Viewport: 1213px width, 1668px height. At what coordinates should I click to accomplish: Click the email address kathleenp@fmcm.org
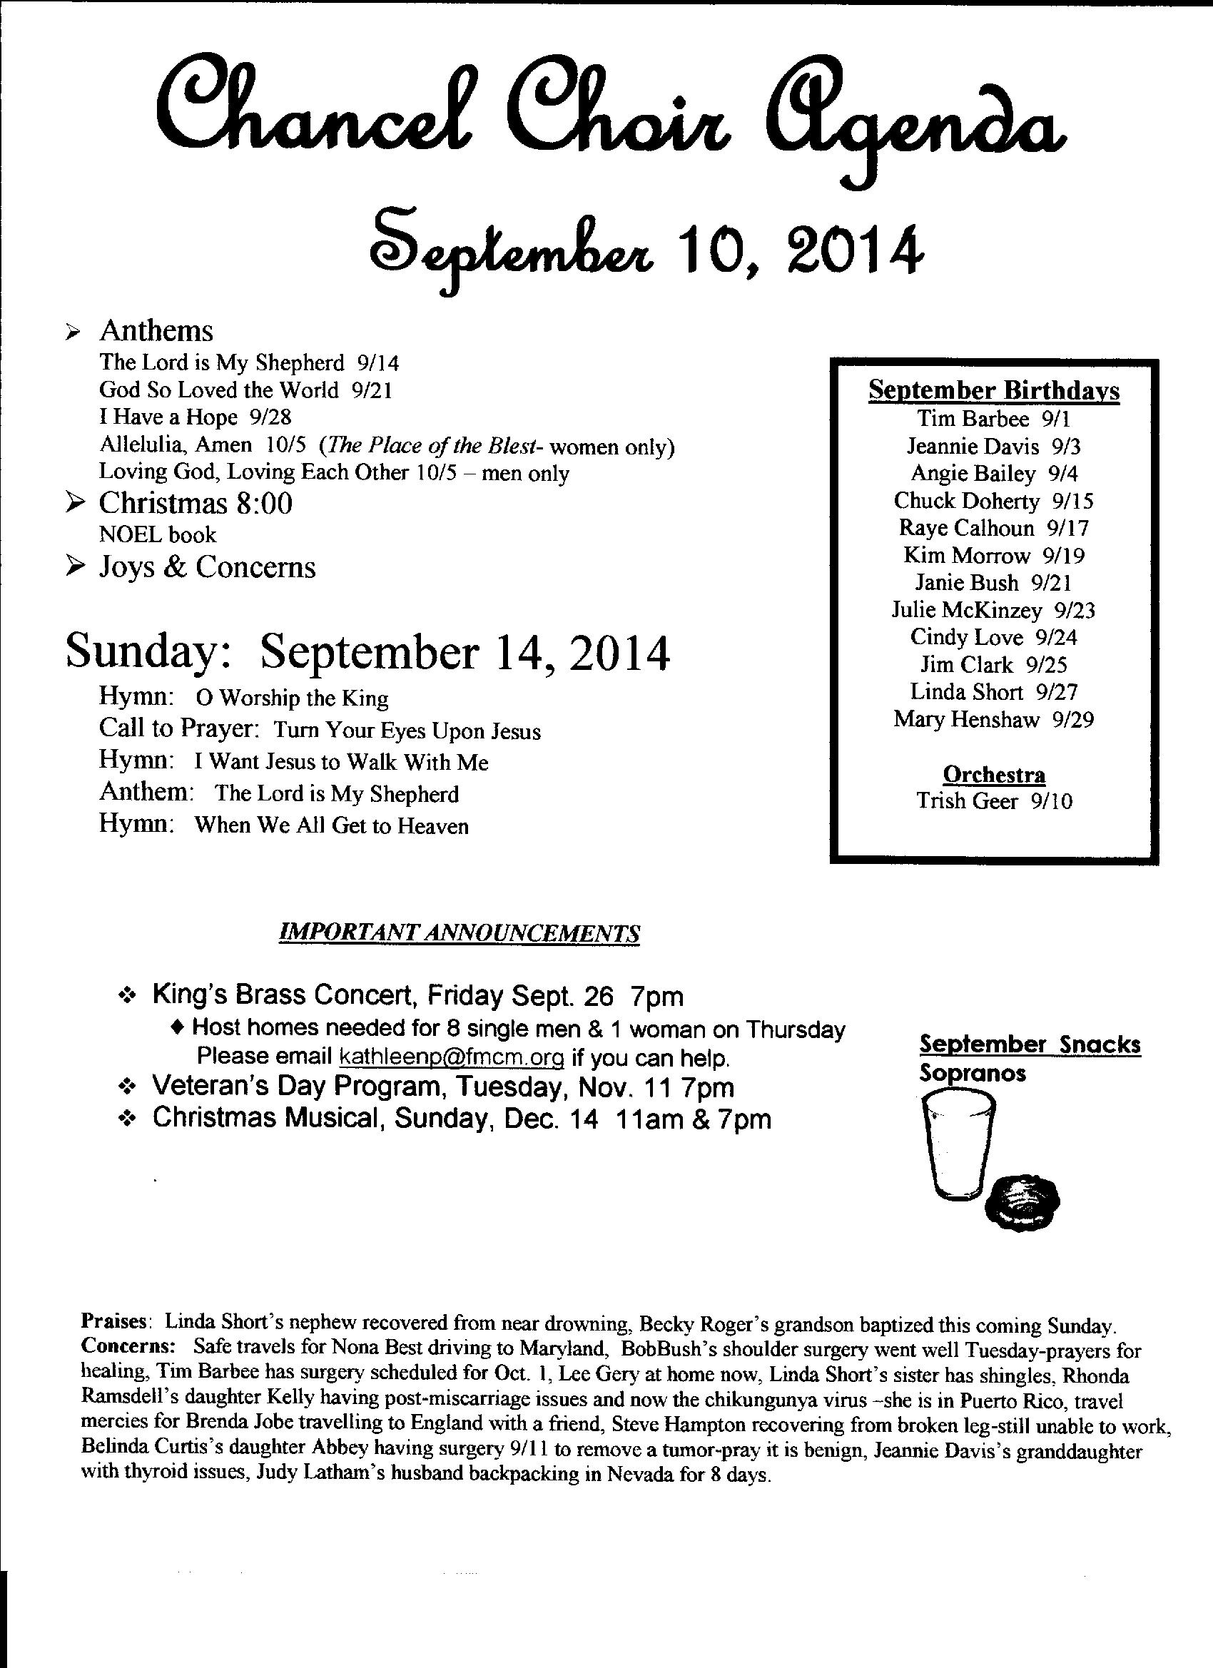point(451,1057)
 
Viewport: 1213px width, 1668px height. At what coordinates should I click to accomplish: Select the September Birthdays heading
point(994,390)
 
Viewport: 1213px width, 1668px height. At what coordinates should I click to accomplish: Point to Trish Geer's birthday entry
point(994,801)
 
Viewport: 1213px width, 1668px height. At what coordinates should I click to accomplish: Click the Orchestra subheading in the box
point(994,775)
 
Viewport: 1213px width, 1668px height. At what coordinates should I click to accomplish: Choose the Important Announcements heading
point(460,933)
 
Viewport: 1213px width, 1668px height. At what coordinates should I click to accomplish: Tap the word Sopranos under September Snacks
point(973,1074)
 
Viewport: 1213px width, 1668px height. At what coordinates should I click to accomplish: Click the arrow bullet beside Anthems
point(72,333)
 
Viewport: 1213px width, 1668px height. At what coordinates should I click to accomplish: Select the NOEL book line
point(158,534)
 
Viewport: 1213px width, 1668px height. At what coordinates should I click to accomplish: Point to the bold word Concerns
point(127,1348)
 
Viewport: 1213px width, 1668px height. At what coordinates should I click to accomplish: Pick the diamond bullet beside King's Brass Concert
point(128,997)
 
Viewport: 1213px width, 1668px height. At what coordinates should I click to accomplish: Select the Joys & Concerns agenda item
point(207,567)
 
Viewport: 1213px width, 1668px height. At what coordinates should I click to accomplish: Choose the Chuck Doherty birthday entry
point(993,502)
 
